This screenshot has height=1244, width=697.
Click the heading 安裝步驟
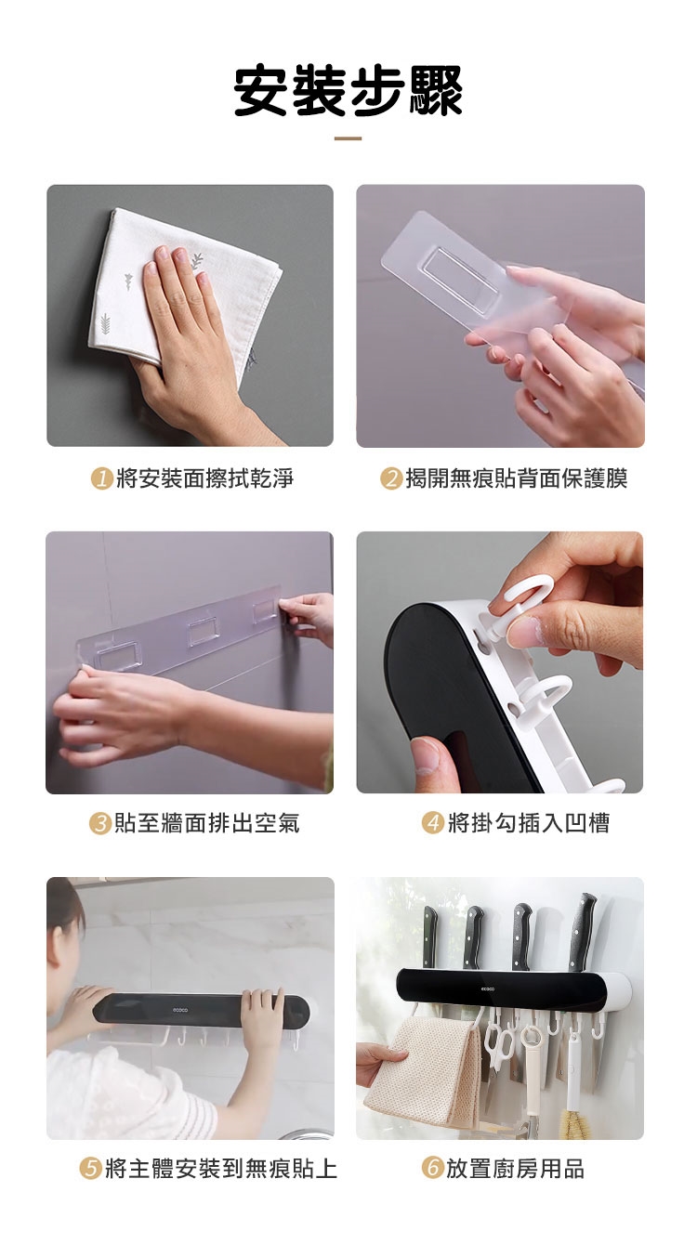(x=348, y=90)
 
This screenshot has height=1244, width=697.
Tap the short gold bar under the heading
(x=348, y=138)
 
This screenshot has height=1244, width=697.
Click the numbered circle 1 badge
(x=101, y=478)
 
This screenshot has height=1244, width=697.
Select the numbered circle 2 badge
(x=391, y=478)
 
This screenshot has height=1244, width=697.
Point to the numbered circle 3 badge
(x=100, y=823)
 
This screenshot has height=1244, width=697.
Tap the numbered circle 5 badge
(x=90, y=1169)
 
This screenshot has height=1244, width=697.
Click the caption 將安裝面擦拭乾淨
(x=205, y=478)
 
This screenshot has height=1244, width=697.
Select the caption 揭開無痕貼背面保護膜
(x=517, y=478)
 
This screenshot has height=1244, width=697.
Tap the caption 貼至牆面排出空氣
(x=207, y=823)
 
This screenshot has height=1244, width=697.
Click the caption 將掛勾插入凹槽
(x=529, y=822)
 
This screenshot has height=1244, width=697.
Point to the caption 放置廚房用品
(x=516, y=1168)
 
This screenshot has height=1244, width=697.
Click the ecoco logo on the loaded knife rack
(x=488, y=989)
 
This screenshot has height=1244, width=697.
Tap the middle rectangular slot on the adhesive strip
(x=204, y=633)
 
